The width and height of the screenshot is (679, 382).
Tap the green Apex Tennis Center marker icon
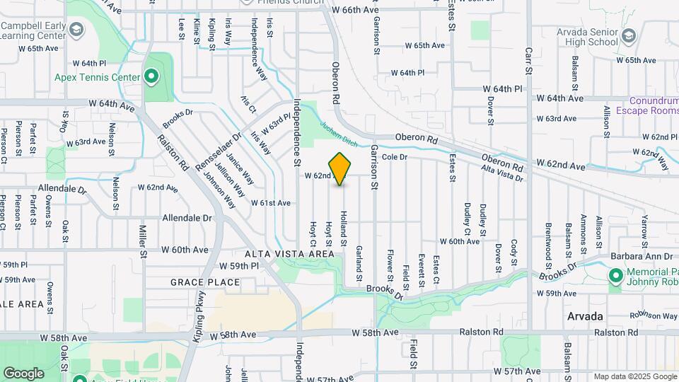coord(151,76)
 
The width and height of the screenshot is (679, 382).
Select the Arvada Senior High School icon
coord(628,35)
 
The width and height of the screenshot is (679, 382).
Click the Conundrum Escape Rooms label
coord(647,105)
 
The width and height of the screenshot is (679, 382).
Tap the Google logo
coord(23,373)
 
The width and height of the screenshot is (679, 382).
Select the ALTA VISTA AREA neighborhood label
coord(289,253)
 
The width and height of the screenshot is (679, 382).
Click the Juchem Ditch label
coord(336,132)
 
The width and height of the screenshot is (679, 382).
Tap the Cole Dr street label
coord(395,156)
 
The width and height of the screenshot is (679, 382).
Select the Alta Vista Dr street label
coord(501,173)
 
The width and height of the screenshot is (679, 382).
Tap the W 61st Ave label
coord(271,203)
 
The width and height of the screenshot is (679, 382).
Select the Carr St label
coord(528,62)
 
